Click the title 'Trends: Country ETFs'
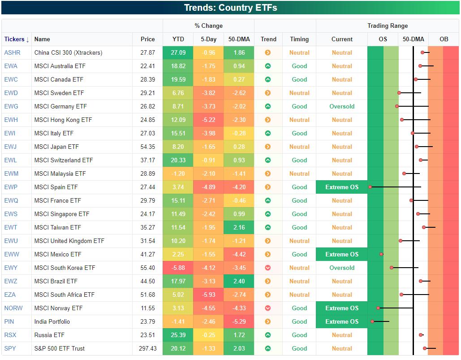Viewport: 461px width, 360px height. click(230, 8)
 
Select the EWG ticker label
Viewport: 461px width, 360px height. click(11, 106)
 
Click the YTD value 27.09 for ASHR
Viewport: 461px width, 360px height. click(178, 52)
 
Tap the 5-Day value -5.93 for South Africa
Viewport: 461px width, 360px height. click(208, 295)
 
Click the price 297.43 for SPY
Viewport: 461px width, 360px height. click(147, 348)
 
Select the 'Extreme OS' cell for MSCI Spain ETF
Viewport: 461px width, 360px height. click(342, 187)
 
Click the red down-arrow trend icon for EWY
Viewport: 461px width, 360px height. click(268, 268)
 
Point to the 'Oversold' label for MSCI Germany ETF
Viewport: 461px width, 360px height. click(342, 106)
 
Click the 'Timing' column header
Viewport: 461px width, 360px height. click(299, 39)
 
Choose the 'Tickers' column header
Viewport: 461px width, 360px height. click(17, 39)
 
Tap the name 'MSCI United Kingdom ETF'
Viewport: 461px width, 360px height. click(69, 241)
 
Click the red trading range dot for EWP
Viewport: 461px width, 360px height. click(370, 187)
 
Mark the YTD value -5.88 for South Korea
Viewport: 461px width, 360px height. click(178, 268)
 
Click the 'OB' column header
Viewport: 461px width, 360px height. click(444, 39)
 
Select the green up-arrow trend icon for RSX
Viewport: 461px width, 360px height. click(268, 335)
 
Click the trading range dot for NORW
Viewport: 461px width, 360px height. click(379, 308)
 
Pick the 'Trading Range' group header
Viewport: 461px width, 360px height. click(388, 26)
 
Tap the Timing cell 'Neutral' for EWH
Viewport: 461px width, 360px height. click(299, 120)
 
